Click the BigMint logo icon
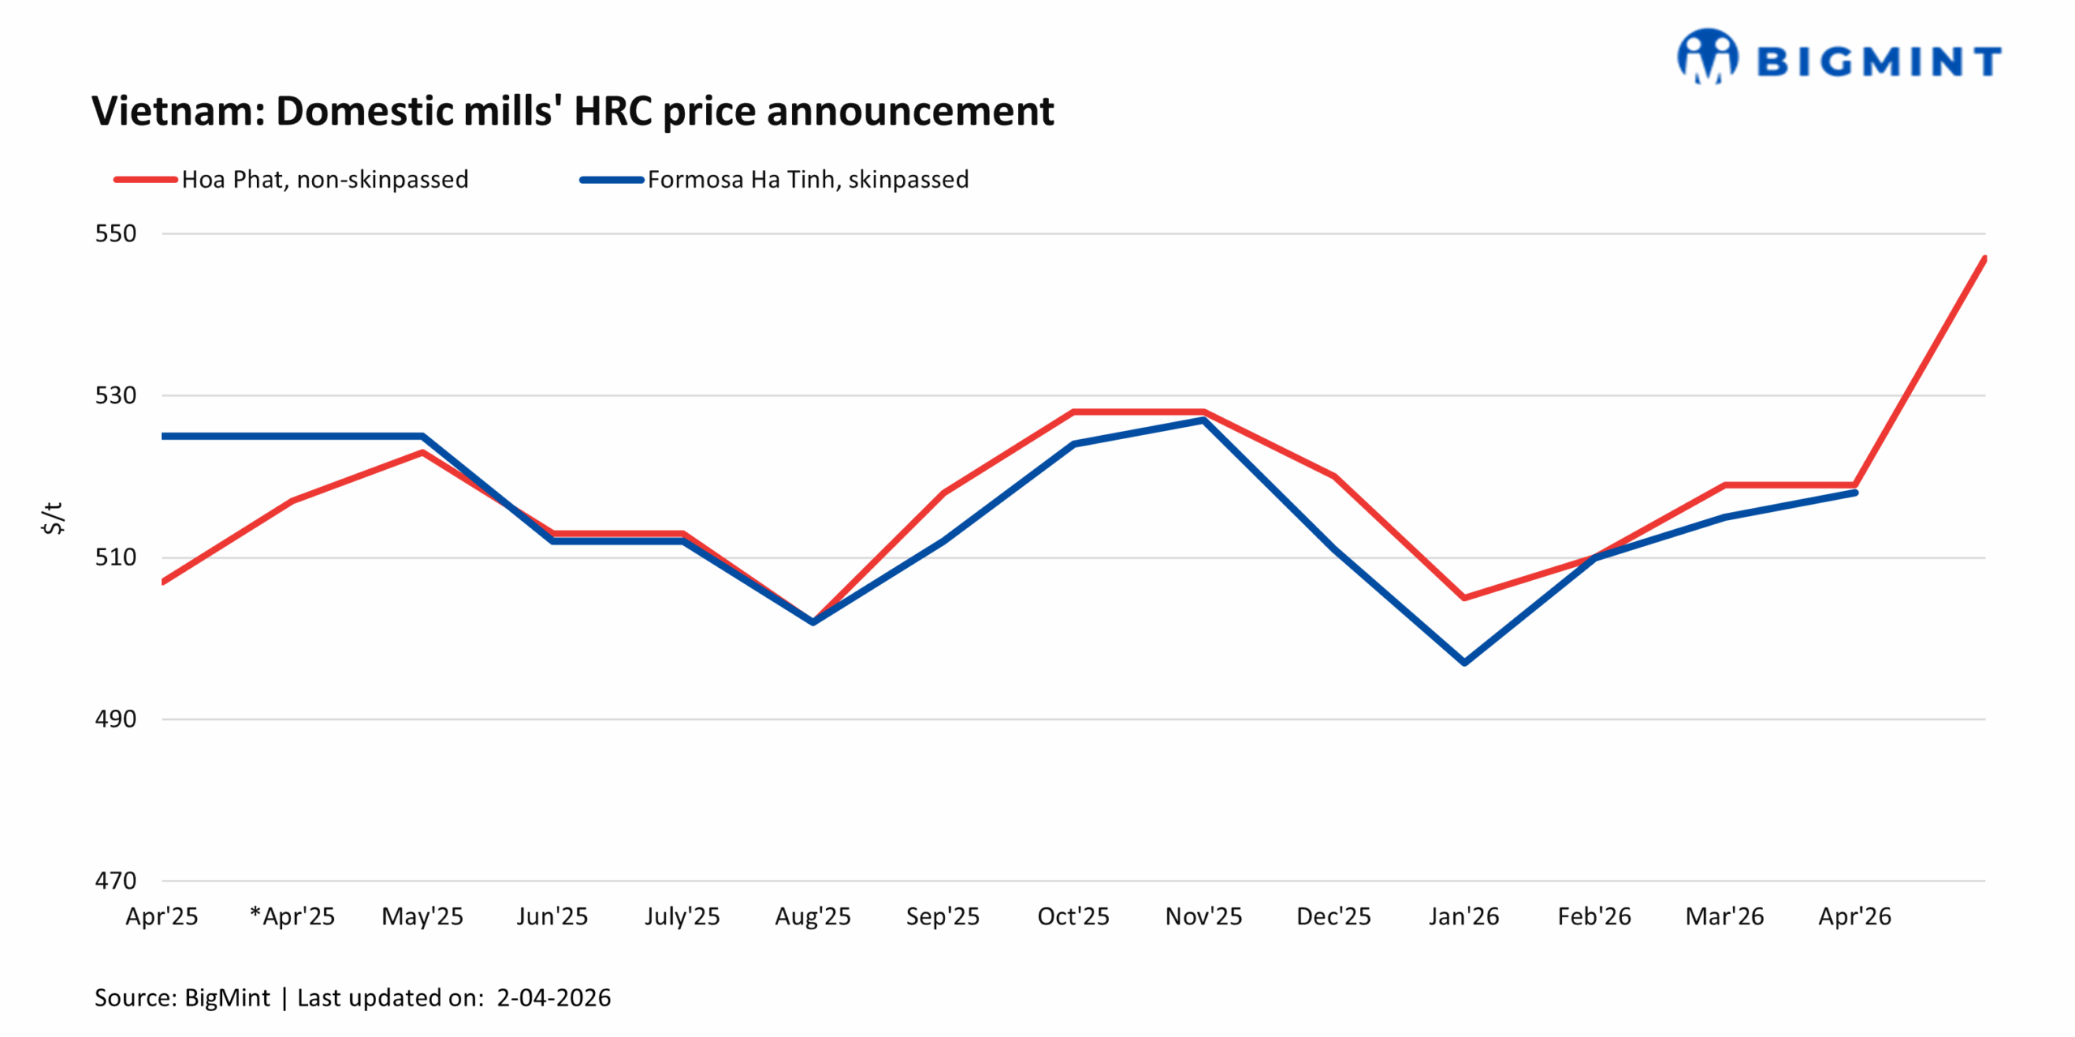click(1707, 57)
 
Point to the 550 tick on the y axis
click(116, 233)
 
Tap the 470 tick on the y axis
click(116, 880)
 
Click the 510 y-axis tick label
click(116, 557)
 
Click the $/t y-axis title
click(53, 518)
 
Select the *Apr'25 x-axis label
click(293, 916)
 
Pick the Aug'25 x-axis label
click(813, 916)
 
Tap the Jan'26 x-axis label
click(1464, 916)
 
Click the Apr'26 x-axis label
click(1855, 916)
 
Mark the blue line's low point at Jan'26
click(1465, 662)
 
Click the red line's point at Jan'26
click(1465, 597)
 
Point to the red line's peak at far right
click(1983, 259)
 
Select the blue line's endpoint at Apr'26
click(1855, 493)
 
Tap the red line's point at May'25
click(422, 452)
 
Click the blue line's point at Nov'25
click(1204, 420)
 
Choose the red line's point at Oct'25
click(1074, 412)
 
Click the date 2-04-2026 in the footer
click(554, 997)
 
